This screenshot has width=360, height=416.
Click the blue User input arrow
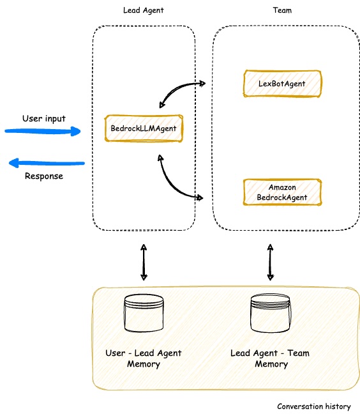pyautogui.click(x=43, y=132)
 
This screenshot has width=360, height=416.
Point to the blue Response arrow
pyautogui.click(x=46, y=164)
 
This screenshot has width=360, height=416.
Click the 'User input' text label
pyautogui.click(x=43, y=118)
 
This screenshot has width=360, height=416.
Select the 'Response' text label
pyautogui.click(x=43, y=176)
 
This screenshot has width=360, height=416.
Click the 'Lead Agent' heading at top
pyautogui.click(x=144, y=11)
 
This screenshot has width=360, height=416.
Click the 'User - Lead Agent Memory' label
pyautogui.click(x=144, y=358)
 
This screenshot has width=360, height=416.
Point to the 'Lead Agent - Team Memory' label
pyautogui.click(x=271, y=358)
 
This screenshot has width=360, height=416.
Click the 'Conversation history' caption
pyautogui.click(x=313, y=406)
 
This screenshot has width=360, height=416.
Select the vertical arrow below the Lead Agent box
pyautogui.click(x=144, y=262)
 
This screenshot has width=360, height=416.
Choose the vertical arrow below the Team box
pyautogui.click(x=271, y=262)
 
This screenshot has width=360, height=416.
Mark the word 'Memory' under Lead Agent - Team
pyautogui.click(x=271, y=364)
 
